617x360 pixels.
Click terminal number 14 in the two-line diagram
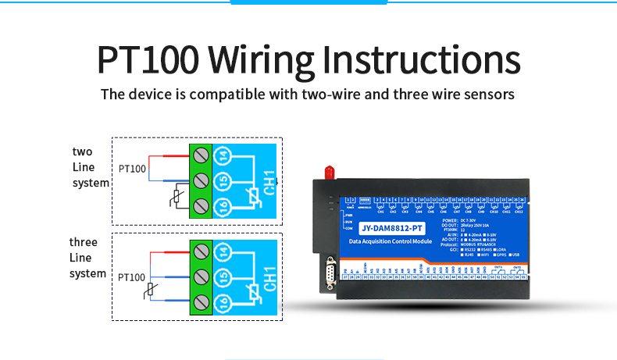[223, 155]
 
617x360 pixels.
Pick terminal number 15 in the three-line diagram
[223, 276]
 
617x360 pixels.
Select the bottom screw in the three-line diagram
[202, 301]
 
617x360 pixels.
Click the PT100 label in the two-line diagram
[132, 169]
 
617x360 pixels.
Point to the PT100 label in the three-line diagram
[132, 277]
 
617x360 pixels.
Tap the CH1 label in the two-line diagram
[267, 180]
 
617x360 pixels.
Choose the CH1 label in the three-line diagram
[267, 276]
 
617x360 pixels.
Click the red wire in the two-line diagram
[168, 155]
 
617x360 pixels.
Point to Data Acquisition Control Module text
[391, 241]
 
